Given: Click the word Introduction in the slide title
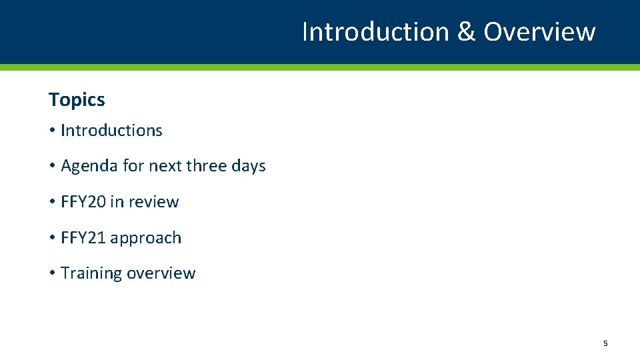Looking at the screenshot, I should (376, 32).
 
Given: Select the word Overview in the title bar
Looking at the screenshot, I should (539, 32).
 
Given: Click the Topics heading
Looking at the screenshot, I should (77, 100).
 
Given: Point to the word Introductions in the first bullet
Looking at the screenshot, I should (111, 131).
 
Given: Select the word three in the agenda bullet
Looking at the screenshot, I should (207, 166).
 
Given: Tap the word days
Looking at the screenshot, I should (249, 166).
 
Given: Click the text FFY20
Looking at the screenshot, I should (83, 202).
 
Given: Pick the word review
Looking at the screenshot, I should (153, 202).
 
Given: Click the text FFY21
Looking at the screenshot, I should (83, 238).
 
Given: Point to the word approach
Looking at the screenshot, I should (146, 239).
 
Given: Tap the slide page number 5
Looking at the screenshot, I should (605, 343).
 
